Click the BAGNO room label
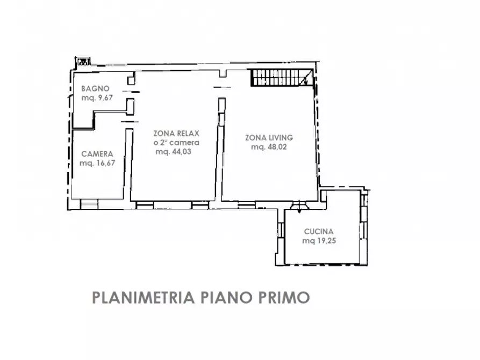[95, 89]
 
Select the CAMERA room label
[97, 154]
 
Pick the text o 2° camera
[176, 143]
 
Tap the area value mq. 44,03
[174, 152]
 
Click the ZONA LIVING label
[268, 138]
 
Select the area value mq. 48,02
[269, 147]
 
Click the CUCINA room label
[319, 232]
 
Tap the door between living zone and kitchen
[296, 205]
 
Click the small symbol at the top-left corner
[83, 61]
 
